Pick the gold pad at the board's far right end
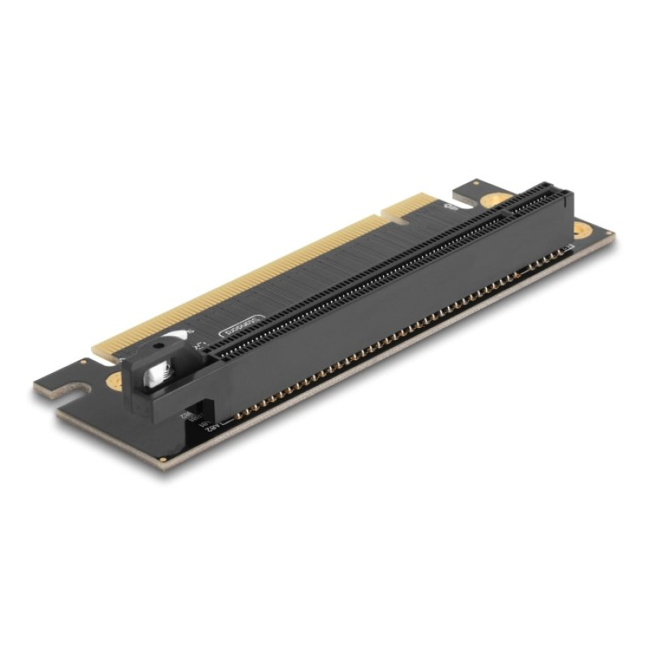pos(580,230)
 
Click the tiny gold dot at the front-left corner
pos(165,459)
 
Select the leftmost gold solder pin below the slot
pos(236,417)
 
